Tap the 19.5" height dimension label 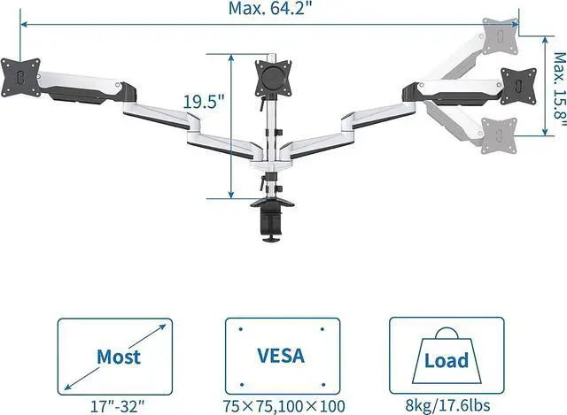pyautogui.click(x=201, y=100)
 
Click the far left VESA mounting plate pyautogui.click(x=19, y=76)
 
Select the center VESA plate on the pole pyautogui.click(x=271, y=78)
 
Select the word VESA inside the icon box pyautogui.click(x=282, y=356)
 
